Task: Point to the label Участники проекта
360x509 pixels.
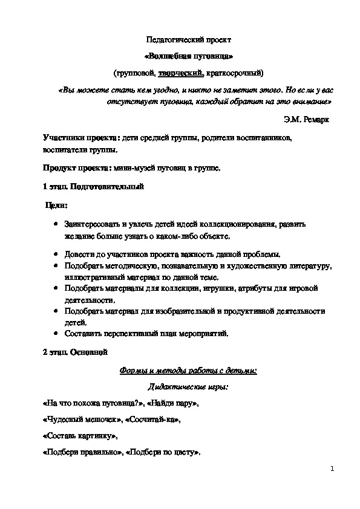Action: coord(77,138)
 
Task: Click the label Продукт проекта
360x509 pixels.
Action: coord(73,167)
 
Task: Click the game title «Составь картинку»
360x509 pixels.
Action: coord(77,435)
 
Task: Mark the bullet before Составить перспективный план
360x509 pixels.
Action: coord(55,332)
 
